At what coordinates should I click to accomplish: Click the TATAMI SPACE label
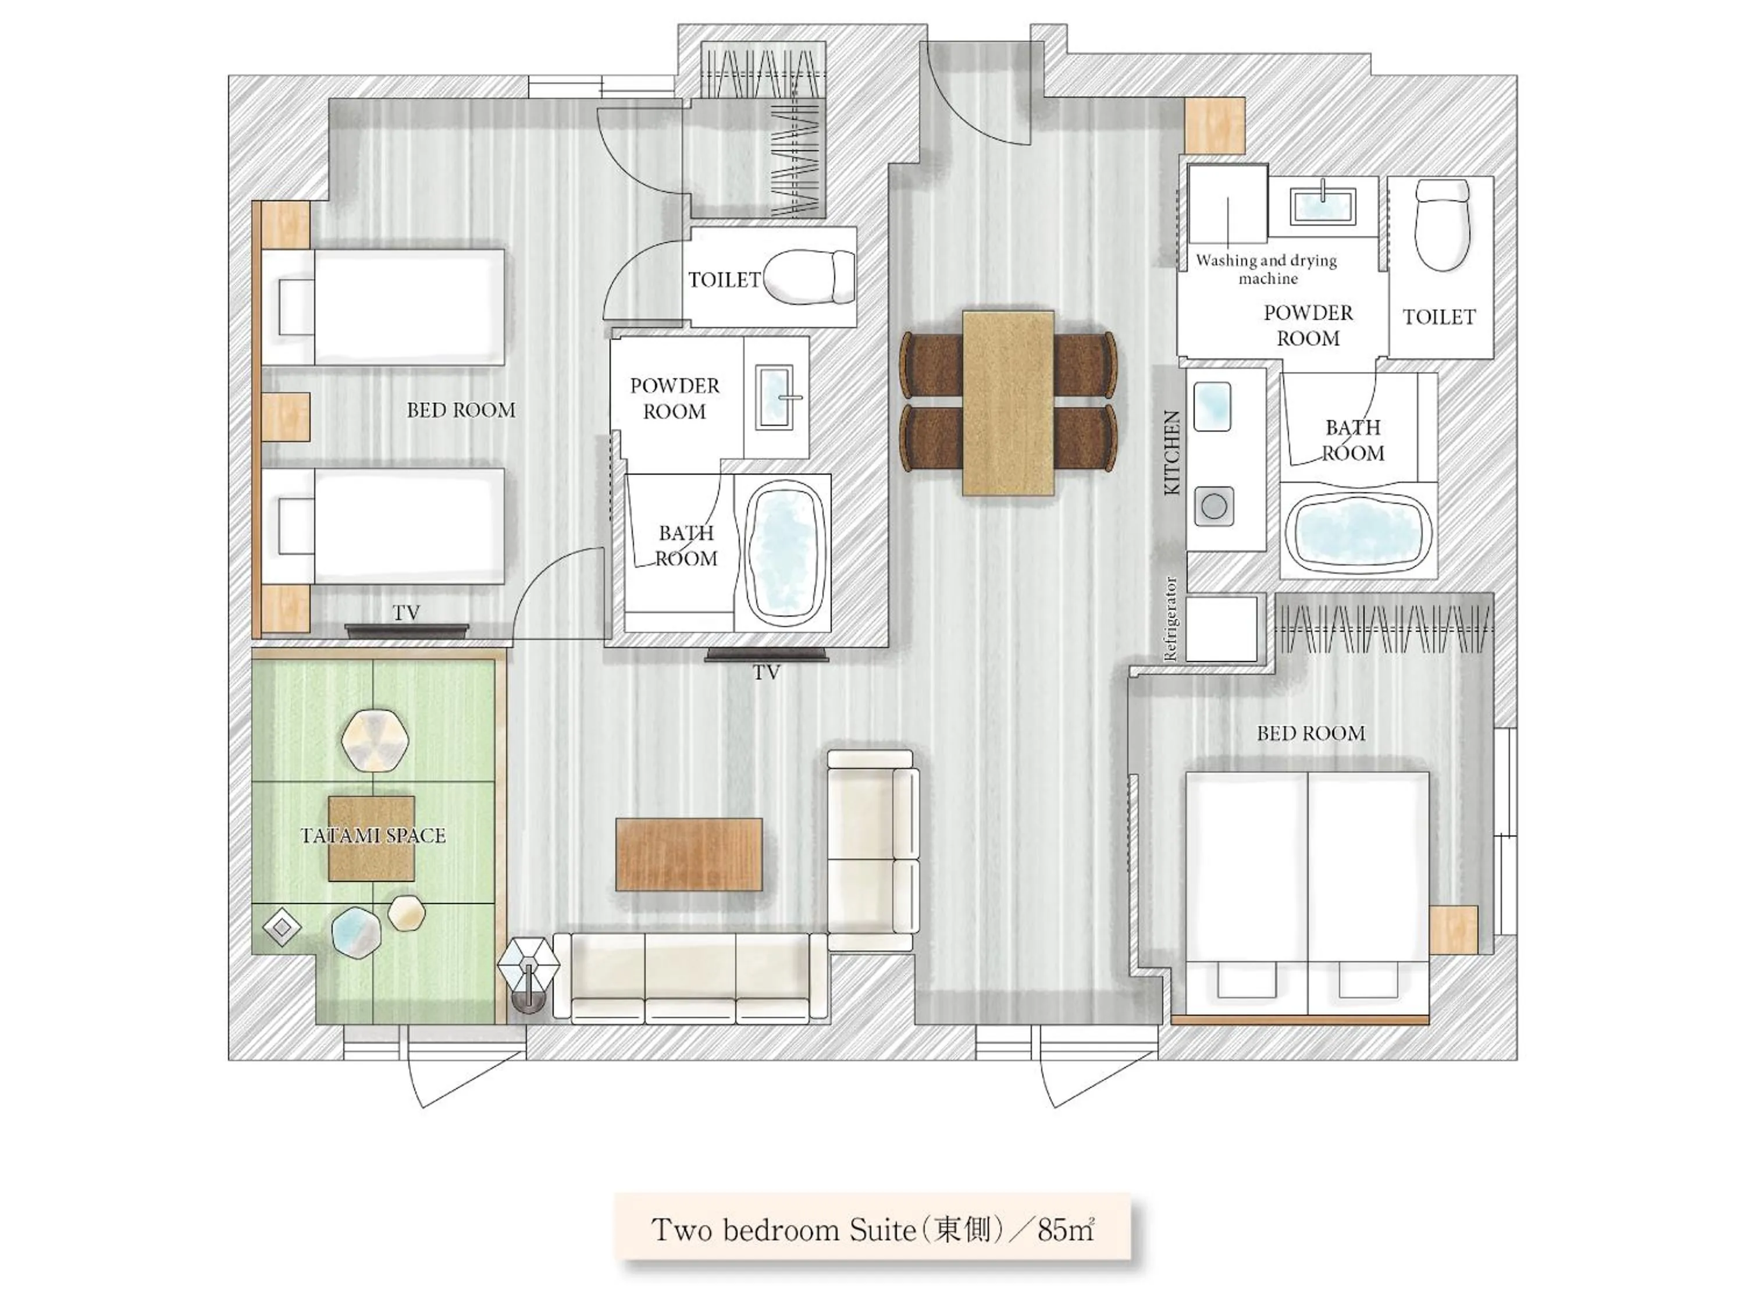click(373, 835)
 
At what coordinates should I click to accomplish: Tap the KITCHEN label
click(1172, 452)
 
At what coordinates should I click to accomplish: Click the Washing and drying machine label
click(1266, 269)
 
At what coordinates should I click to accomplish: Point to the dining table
click(1008, 403)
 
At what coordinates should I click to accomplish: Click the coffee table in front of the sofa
click(689, 855)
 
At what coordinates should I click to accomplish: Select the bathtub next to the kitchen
click(1358, 530)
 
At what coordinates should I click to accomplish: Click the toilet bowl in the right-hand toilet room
click(1442, 225)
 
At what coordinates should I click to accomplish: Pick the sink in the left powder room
click(775, 397)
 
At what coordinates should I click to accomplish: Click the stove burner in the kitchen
click(1213, 506)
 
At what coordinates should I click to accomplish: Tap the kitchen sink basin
click(1213, 406)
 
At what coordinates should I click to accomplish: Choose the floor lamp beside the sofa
click(528, 970)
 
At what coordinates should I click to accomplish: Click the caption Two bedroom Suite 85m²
click(872, 1230)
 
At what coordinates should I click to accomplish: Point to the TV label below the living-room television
click(766, 673)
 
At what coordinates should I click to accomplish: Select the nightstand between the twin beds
click(285, 417)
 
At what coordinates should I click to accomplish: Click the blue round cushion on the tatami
click(356, 932)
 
